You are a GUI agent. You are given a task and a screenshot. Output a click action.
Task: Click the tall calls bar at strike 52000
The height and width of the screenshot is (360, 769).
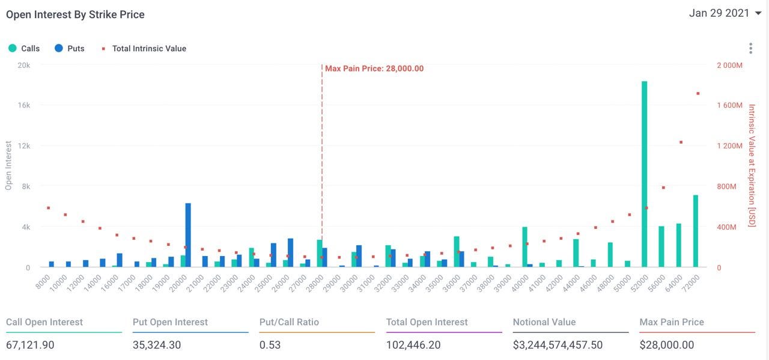pos(644,174)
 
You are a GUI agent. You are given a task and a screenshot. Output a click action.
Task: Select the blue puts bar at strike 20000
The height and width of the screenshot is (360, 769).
pos(188,235)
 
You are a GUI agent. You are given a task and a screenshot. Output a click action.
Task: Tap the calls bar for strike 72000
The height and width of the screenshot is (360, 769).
pos(695,231)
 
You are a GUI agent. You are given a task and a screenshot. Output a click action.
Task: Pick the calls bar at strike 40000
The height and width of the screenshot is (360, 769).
pos(524,247)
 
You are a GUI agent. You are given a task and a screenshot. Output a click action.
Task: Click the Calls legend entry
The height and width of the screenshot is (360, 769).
pos(25,48)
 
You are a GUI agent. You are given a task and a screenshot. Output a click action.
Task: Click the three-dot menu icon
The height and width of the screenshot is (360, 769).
pos(750,48)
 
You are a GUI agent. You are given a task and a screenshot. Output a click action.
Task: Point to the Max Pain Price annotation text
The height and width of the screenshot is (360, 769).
pos(374,69)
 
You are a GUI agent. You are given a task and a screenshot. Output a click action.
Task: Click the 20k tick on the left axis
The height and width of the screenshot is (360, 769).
pos(23,64)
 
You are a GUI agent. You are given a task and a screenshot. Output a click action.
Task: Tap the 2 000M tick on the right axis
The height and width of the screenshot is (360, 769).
pos(730,64)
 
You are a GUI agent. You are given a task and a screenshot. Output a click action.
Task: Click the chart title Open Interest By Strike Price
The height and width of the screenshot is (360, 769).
pos(75,14)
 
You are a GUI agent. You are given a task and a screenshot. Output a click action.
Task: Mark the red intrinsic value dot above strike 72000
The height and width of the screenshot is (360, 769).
pos(698,93)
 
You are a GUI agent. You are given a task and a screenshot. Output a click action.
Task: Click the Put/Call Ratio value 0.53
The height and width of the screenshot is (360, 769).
pos(270,345)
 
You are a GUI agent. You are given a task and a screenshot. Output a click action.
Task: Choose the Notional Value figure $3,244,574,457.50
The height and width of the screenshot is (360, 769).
pos(558,345)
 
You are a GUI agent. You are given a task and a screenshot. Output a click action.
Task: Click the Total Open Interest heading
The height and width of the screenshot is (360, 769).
pos(427,322)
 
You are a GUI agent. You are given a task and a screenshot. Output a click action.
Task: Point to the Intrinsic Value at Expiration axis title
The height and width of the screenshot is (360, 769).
pos(752,165)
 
